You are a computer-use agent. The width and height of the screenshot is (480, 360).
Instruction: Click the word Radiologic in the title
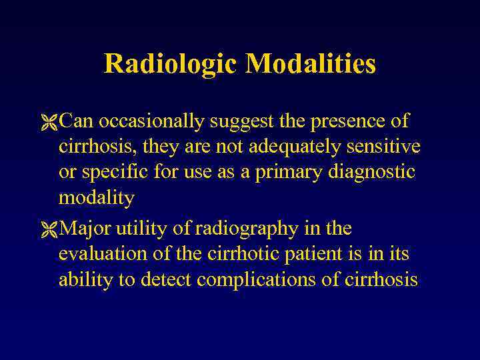tap(171, 65)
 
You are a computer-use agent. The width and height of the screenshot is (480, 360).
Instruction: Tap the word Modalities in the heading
tap(310, 65)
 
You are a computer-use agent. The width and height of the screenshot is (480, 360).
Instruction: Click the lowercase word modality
tap(97, 198)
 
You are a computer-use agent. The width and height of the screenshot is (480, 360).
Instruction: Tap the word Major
tap(85, 229)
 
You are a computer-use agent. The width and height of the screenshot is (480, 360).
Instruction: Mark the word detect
tap(168, 279)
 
